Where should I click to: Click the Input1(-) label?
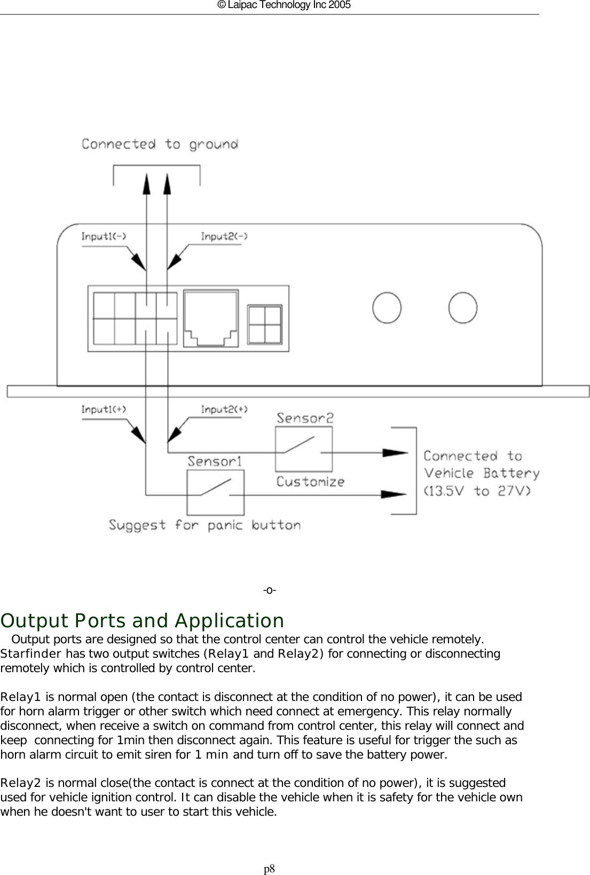[x=104, y=237]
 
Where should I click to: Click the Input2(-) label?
[x=224, y=237]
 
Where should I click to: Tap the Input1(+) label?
[x=104, y=409]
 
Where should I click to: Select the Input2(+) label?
[x=224, y=409]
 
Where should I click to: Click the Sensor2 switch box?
[x=303, y=448]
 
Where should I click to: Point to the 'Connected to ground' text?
[x=160, y=144]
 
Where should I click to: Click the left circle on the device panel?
[x=387, y=308]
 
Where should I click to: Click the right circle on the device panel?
[x=462, y=308]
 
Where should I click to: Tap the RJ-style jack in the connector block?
[x=211, y=319]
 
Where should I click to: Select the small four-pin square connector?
[x=265, y=324]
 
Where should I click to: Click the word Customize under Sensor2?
[x=310, y=482]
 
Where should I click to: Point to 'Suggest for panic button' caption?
[x=204, y=525]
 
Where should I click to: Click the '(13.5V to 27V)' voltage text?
[x=477, y=491]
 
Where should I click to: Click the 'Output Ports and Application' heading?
[x=143, y=621]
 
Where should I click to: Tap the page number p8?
[x=269, y=869]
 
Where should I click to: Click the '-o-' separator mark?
[x=269, y=590]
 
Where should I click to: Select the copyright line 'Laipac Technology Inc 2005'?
[x=284, y=5]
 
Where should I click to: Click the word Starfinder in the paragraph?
[x=32, y=654]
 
